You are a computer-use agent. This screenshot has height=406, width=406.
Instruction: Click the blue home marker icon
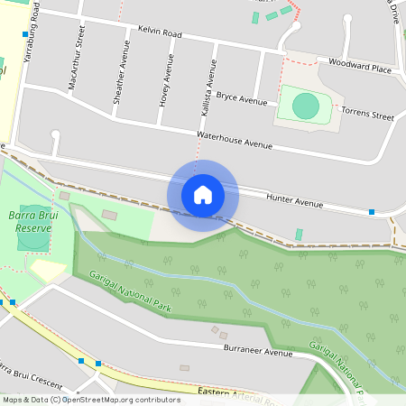[203, 195]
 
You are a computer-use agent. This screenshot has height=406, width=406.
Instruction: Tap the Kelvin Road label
[160, 32]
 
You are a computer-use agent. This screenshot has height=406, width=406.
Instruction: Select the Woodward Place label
[360, 68]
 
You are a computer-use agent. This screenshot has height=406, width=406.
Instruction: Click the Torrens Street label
[367, 116]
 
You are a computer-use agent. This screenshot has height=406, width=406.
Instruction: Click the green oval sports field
[306, 106]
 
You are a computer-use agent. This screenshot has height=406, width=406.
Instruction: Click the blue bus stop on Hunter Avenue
[371, 212]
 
